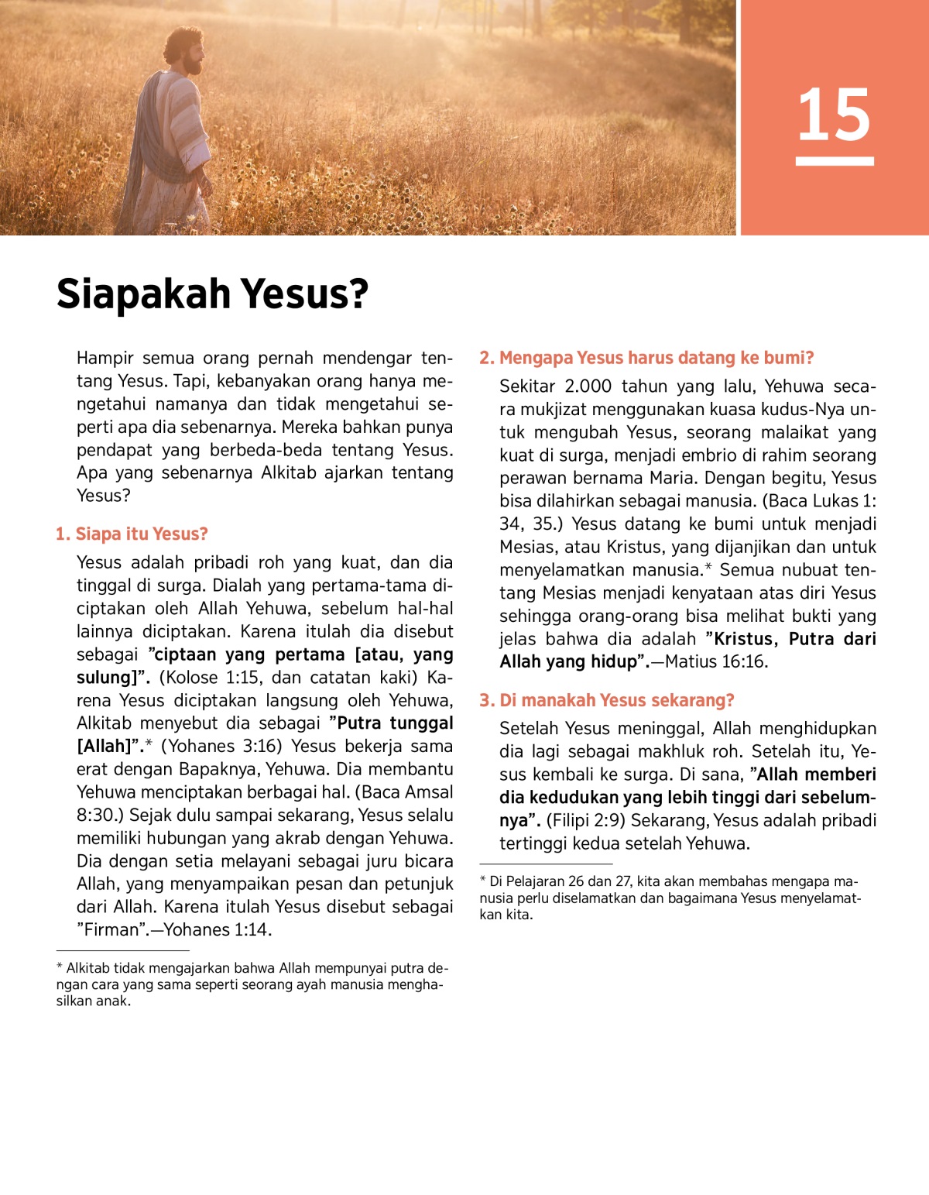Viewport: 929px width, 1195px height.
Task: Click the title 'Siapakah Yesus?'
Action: (x=212, y=294)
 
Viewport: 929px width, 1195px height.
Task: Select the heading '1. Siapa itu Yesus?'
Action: (x=132, y=534)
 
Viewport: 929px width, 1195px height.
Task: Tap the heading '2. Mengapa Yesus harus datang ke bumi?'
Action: (x=646, y=358)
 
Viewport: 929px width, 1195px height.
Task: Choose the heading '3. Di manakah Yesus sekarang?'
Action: (x=606, y=700)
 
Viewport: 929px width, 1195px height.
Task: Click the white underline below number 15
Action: (x=835, y=161)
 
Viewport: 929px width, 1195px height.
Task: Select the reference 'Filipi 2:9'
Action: (x=586, y=821)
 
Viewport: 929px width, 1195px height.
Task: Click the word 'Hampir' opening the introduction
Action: (x=105, y=358)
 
